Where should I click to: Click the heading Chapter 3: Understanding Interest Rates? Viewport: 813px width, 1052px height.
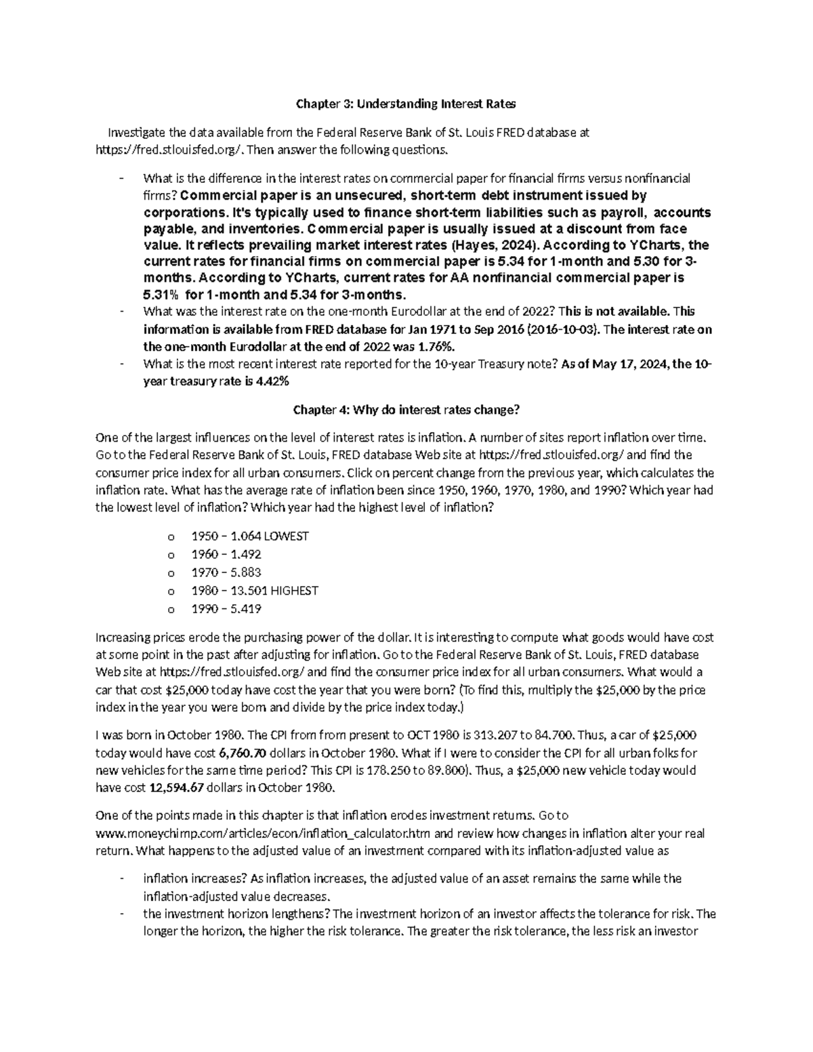coord(404,104)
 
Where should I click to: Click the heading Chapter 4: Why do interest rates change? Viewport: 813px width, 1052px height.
coord(405,410)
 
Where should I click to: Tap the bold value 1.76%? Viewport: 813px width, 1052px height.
coord(432,346)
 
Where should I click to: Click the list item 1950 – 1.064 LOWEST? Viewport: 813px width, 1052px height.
coord(250,536)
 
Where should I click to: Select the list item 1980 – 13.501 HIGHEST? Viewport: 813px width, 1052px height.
coord(255,590)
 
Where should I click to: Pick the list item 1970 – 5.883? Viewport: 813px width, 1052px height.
coord(226,572)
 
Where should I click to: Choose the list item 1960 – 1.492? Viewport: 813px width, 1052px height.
coord(226,554)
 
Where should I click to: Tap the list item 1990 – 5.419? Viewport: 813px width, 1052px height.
coord(226,608)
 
